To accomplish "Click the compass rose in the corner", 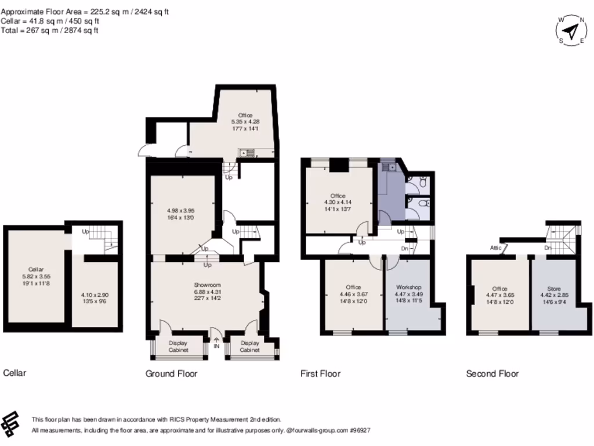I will (x=571, y=30).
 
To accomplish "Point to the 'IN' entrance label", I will (x=216, y=346).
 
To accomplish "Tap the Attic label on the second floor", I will (x=495, y=247).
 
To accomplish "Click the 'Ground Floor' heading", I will (x=171, y=373).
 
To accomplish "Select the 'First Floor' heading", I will (x=320, y=373).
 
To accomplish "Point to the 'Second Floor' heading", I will (x=492, y=373).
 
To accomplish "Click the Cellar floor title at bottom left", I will (x=15, y=373).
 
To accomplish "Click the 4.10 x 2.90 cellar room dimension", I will (x=95, y=298).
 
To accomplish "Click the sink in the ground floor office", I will (x=246, y=153).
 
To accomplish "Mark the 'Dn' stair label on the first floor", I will (x=404, y=248).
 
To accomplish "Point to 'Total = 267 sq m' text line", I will (x=49, y=30).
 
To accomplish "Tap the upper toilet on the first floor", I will (x=423, y=183).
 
